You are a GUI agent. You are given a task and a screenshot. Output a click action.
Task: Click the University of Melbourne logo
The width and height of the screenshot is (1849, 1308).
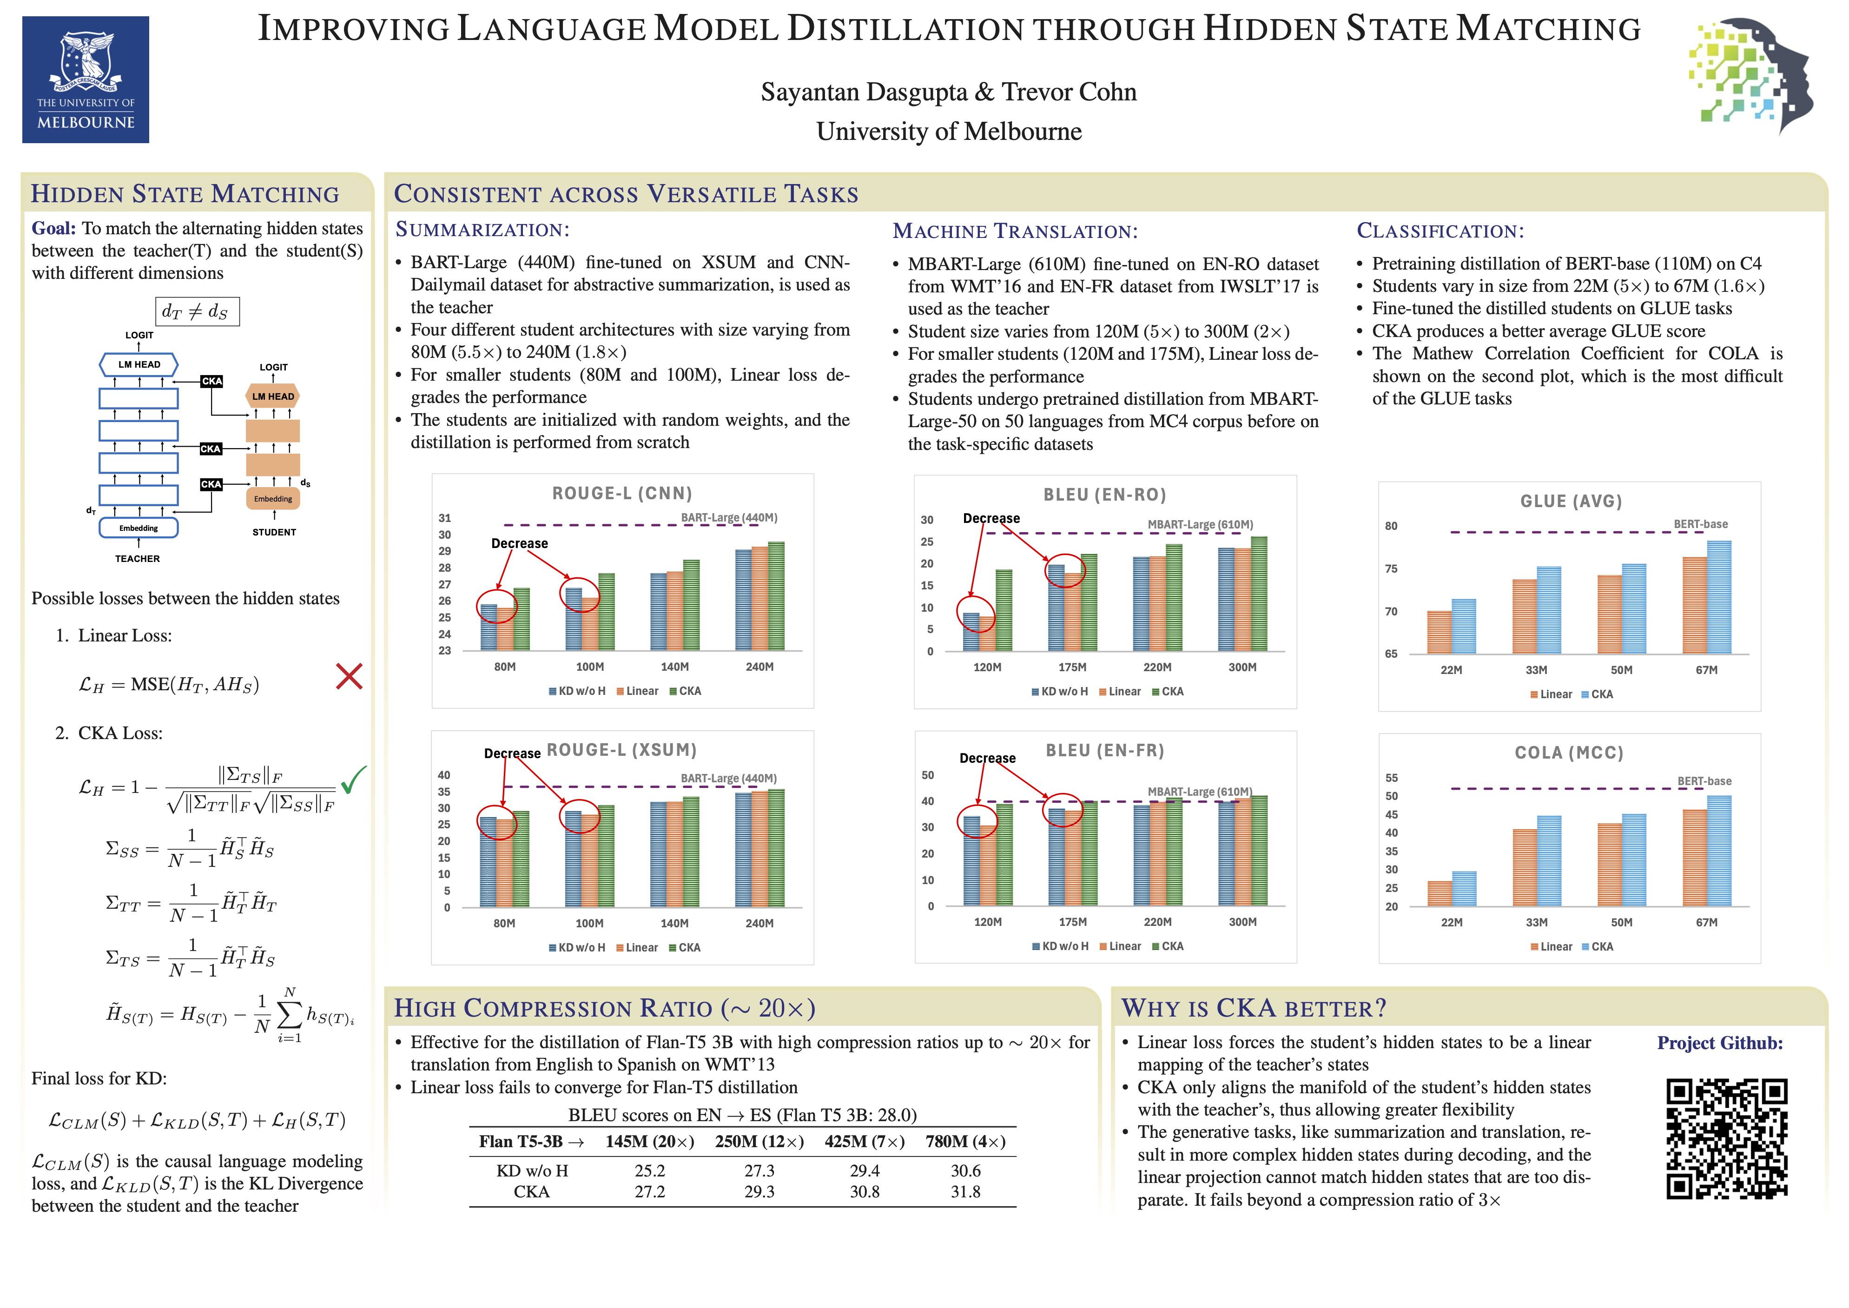point(86,80)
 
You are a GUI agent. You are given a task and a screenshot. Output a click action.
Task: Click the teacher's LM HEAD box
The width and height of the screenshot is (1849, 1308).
point(139,364)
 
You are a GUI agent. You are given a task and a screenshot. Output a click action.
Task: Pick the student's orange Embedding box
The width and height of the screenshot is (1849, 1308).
point(273,499)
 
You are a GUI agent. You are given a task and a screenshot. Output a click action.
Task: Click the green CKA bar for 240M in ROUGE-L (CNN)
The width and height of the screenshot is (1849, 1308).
point(776,596)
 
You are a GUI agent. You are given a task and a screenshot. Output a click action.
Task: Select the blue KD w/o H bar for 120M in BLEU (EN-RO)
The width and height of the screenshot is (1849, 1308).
point(971,631)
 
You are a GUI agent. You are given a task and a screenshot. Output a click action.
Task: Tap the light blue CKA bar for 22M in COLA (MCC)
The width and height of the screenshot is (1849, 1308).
point(1464,888)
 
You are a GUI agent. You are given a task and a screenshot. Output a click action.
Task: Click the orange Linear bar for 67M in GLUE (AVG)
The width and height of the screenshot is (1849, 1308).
point(1694,605)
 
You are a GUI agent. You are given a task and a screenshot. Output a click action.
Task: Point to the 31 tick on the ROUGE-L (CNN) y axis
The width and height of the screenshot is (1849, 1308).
point(444,518)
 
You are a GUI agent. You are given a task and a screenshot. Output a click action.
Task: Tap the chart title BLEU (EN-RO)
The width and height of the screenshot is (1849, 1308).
point(1105,495)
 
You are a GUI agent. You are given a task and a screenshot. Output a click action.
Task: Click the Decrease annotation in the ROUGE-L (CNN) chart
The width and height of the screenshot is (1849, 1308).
point(520,544)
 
